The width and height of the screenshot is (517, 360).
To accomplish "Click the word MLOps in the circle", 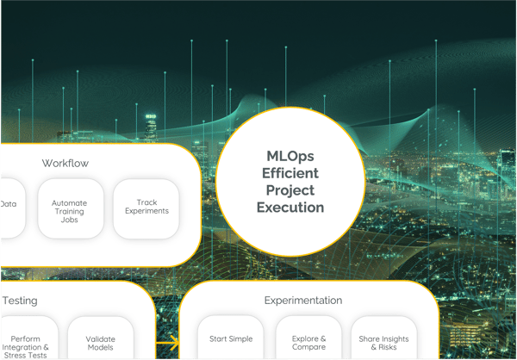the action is point(290,156).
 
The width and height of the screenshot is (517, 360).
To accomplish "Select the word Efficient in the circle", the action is point(290,173).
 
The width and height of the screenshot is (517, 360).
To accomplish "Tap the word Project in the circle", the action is point(290,190).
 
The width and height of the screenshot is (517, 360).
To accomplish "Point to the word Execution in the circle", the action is point(290,208).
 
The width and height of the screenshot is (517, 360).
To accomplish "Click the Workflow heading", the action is point(65,163).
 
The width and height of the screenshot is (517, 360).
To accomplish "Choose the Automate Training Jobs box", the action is point(71,208).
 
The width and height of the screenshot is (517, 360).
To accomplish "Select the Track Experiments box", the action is point(146,208).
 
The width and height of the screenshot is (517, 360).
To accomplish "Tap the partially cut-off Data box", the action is point(13,208).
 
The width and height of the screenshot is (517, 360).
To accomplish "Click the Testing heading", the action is point(20,301).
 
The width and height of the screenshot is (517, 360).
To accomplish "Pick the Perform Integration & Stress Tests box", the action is point(29,338).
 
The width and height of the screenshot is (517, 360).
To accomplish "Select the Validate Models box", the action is point(101,338).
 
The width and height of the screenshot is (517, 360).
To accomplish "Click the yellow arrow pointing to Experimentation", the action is point(167,343).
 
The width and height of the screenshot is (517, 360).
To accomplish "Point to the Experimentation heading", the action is point(303,301).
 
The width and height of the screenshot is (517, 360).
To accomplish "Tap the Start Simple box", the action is point(231,338).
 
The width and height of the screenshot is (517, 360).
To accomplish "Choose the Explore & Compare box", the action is point(308,338).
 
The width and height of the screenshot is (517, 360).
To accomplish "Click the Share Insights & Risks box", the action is point(383,338).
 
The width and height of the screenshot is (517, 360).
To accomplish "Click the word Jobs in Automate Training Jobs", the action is point(69,220).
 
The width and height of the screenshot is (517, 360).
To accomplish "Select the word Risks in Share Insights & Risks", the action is point(388,347).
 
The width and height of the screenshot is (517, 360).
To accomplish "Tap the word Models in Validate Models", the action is point(101,347).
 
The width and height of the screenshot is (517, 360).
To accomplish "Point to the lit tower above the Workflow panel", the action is point(151,128).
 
